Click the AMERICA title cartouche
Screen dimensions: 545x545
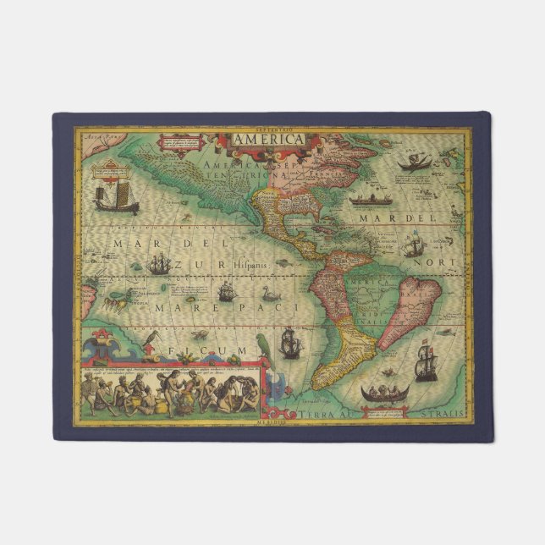click(x=268, y=139)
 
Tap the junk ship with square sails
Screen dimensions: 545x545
click(x=116, y=197)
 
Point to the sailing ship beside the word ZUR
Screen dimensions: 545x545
click(x=159, y=265)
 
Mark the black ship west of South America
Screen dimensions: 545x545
click(x=290, y=342)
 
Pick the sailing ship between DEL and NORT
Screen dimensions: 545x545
click(x=413, y=246)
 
